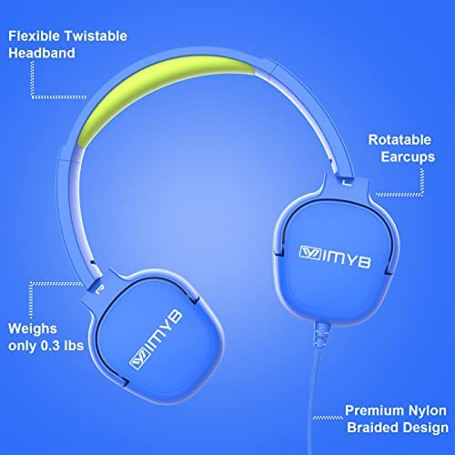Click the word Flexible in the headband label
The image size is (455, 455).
[x=34, y=36]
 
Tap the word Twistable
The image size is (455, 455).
[x=96, y=36]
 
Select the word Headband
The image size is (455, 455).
[x=42, y=53]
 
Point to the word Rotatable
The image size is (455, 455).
[x=399, y=140]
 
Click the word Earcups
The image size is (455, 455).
[x=408, y=157]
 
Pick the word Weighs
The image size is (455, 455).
[x=33, y=329]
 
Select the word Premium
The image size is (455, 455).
[x=375, y=410]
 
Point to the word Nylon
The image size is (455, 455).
[x=428, y=411]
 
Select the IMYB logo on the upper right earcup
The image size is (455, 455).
[x=335, y=257]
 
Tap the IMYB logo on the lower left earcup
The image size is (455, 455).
[x=156, y=339]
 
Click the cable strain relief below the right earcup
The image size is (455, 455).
[x=320, y=335]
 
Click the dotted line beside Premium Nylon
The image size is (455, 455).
[x=328, y=418]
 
